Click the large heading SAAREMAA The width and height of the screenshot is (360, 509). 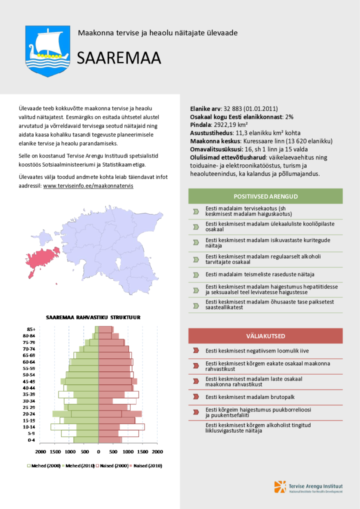[x=118, y=58]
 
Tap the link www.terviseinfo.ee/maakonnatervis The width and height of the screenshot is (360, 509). [x=88, y=185]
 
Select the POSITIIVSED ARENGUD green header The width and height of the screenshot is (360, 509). [x=265, y=196]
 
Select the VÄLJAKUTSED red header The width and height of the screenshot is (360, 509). [x=265, y=336]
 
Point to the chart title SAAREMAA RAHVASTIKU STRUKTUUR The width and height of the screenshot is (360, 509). [x=93, y=317]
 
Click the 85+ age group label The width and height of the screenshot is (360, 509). [x=31, y=329]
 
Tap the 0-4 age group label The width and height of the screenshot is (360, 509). [x=31, y=440]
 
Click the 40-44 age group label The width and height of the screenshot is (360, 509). [x=29, y=387]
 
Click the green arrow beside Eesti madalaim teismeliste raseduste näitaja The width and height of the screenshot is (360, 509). [x=196, y=274]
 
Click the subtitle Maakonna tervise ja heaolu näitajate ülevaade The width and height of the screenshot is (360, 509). [x=157, y=33]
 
